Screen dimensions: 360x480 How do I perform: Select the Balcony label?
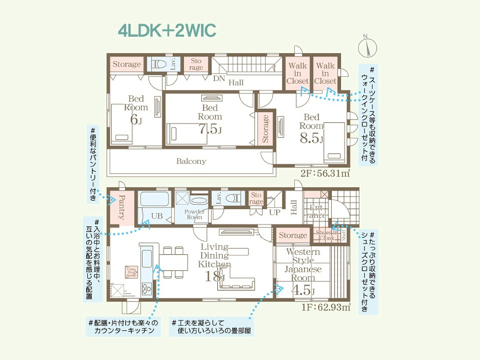tap(191, 161)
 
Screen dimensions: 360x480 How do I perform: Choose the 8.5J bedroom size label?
tap(311, 136)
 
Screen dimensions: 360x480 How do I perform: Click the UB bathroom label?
tap(157, 216)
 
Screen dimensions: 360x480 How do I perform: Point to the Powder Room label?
tap(193, 215)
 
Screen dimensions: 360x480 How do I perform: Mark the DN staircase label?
tap(219, 78)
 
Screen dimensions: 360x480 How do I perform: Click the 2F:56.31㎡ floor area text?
tap(325, 175)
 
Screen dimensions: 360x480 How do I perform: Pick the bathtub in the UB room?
tap(153, 200)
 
